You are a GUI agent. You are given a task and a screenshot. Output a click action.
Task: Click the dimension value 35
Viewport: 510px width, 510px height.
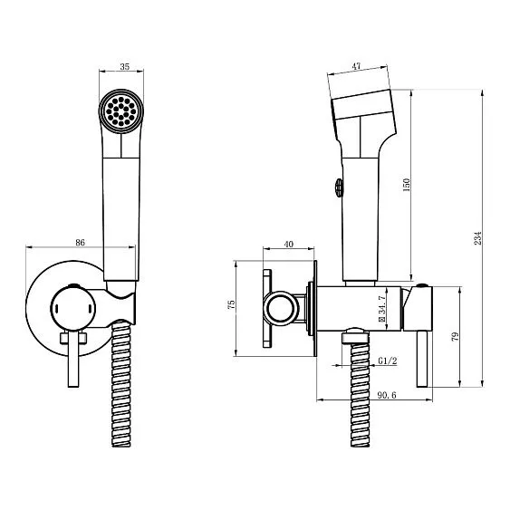tap(125, 66)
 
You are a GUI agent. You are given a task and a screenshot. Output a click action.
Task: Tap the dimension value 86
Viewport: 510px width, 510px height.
tap(80, 242)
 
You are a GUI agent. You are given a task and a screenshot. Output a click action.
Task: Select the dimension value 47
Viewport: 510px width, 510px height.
tap(357, 66)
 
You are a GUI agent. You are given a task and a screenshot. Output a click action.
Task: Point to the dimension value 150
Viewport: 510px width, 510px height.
tap(407, 185)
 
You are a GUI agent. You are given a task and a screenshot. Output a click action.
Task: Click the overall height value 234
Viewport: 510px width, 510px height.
tap(477, 238)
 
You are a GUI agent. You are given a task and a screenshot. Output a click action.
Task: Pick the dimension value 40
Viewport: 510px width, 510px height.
tap(288, 244)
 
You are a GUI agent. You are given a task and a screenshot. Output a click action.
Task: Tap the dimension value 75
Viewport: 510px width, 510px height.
tap(231, 304)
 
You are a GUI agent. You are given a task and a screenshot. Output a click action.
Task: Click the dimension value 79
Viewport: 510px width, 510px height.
tap(456, 336)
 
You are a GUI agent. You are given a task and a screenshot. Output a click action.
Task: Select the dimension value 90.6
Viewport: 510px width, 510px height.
tap(387, 395)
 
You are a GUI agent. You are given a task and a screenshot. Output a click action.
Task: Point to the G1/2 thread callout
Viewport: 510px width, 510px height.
tap(388, 361)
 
